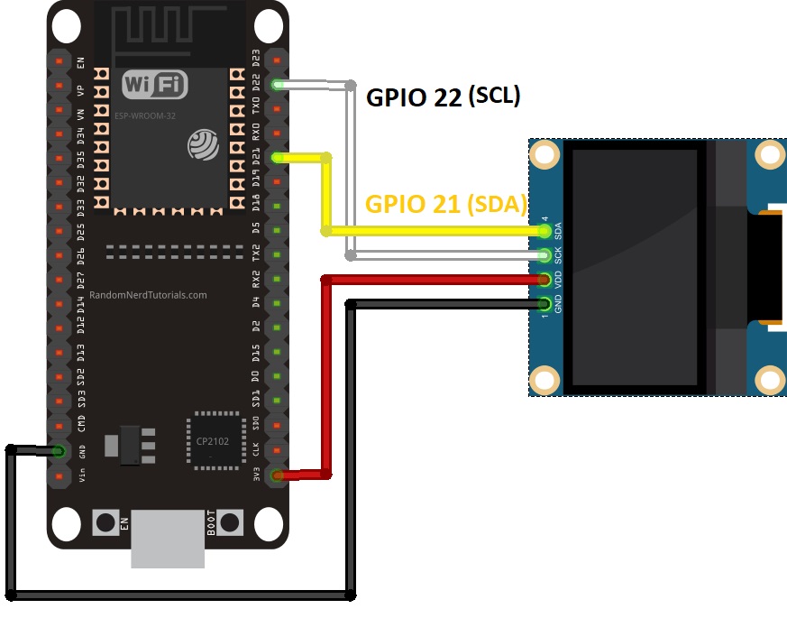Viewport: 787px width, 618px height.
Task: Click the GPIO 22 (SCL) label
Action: [443, 97]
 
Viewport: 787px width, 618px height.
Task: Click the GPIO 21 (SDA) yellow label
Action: [445, 204]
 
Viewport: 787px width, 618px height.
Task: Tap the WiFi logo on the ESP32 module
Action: [156, 85]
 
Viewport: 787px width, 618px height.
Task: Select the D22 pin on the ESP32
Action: [276, 85]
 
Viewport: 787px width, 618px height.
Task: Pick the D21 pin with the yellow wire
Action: [276, 159]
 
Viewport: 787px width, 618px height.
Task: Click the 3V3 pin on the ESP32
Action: [276, 475]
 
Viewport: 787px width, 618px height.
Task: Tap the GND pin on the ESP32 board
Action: [59, 450]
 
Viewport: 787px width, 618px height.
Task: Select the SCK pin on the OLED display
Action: [545, 256]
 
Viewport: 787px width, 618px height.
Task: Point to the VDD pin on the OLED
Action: [545, 280]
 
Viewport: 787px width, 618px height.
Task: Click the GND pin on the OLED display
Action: [545, 304]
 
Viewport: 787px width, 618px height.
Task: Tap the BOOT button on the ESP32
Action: [231, 522]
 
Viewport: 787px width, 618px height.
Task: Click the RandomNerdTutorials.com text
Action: [148, 295]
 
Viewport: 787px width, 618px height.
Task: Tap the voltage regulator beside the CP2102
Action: [125, 445]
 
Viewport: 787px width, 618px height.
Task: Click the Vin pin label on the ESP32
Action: [82, 475]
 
